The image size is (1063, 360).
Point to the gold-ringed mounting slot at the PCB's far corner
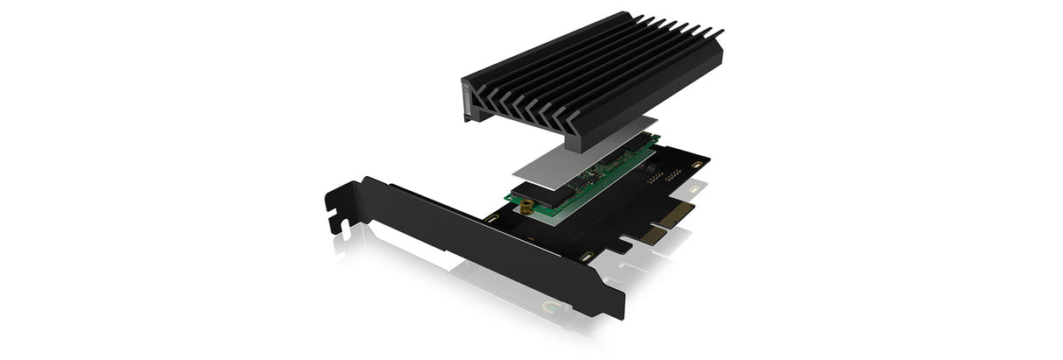tap(695, 164)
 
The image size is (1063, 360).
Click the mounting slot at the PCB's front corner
tap(585, 257)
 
